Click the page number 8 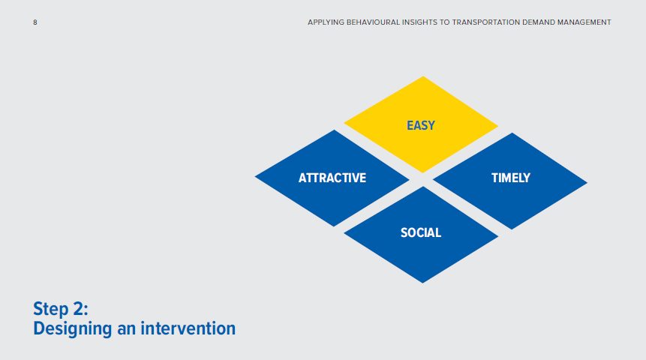pos(35,22)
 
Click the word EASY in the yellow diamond pos(421,125)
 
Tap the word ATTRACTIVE pos(332,178)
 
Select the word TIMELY pos(510,178)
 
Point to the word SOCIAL pos(421,232)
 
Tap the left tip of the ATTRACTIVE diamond pos(256,178)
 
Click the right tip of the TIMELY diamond pos(587,181)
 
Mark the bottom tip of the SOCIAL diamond pos(422,283)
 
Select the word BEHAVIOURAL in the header pos(379,22)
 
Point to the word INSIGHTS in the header pos(428,22)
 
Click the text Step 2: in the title pos(61,309)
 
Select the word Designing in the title pos(73,328)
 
